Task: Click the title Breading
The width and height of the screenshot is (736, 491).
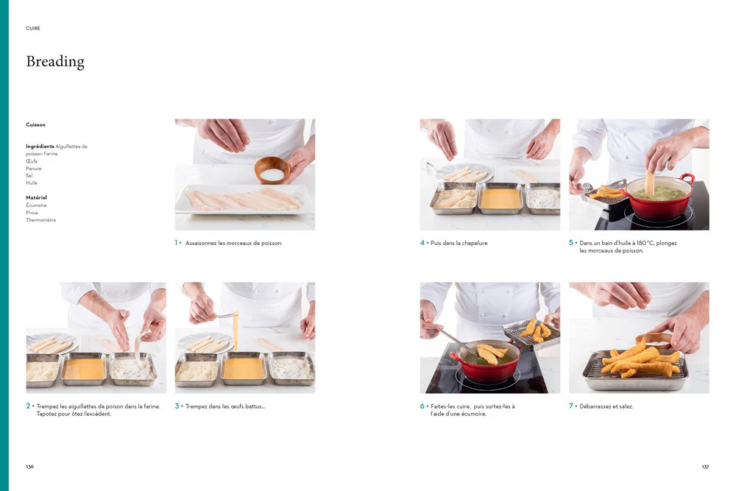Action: (x=55, y=62)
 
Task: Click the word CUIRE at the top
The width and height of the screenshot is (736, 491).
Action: (x=33, y=28)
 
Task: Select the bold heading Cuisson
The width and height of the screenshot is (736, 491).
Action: (x=35, y=124)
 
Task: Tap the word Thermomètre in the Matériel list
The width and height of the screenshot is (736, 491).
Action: (x=40, y=219)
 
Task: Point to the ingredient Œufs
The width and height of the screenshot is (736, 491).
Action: (x=32, y=161)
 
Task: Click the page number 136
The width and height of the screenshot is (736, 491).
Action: (x=29, y=467)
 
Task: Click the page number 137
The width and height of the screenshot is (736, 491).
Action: (x=706, y=467)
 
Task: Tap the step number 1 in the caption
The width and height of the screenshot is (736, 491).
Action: (x=177, y=243)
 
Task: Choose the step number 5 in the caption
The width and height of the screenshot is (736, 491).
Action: (x=571, y=243)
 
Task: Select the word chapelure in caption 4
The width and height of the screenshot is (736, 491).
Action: (x=475, y=243)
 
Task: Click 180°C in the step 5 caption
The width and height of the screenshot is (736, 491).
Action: (x=645, y=243)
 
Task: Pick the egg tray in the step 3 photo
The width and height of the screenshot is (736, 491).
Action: (x=243, y=369)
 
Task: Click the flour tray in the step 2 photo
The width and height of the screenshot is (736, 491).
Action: (x=133, y=369)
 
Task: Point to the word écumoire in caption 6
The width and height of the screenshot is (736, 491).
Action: (x=473, y=414)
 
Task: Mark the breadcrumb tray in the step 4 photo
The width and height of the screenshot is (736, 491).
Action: (x=454, y=198)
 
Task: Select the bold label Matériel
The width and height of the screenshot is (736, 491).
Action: (x=36, y=197)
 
